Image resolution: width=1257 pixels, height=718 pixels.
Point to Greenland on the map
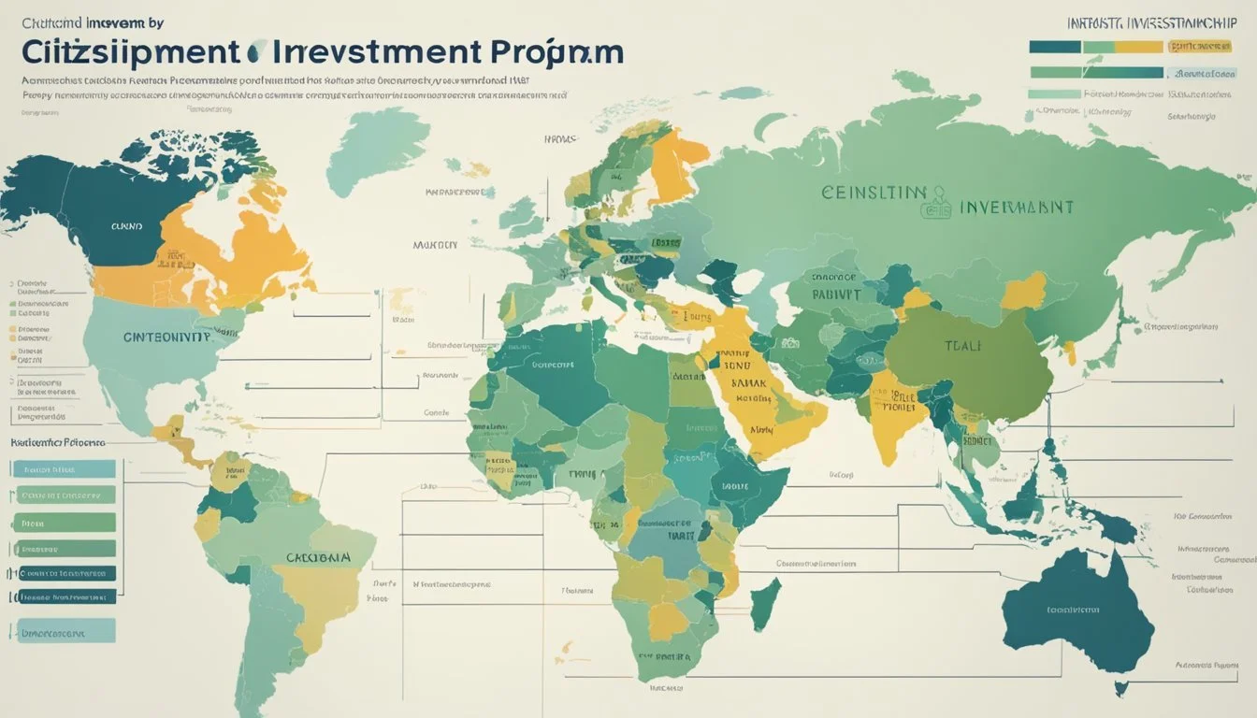pyautogui.click(x=374, y=149)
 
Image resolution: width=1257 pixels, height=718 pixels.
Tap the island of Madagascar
pyautogui.click(x=764, y=603)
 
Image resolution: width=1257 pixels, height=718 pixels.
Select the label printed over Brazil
pyautogui.click(x=318, y=557)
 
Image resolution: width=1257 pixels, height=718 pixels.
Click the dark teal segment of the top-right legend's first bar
pyautogui.click(x=1055, y=46)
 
